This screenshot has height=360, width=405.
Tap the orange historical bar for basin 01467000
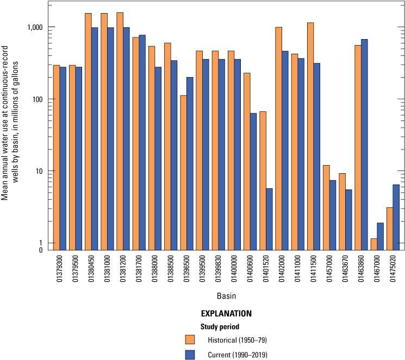click(374, 244)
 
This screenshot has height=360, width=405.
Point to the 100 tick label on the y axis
click(37, 99)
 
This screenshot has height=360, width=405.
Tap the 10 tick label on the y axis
click(39, 171)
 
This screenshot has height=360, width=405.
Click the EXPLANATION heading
click(226, 313)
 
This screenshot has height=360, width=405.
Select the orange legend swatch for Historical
click(190, 339)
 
